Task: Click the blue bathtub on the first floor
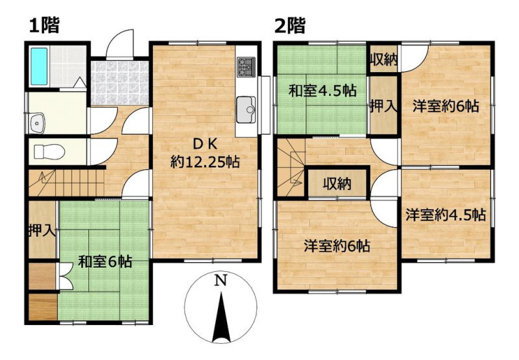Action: click(x=39, y=66)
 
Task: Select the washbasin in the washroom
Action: click(x=37, y=123)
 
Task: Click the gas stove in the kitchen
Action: click(x=247, y=67)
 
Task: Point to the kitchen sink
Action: click(x=246, y=110)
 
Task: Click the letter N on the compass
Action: click(x=221, y=281)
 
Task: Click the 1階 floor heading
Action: click(x=44, y=26)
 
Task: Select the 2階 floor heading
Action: click(x=290, y=26)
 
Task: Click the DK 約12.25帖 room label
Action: click(x=205, y=153)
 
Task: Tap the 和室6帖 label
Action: click(x=105, y=261)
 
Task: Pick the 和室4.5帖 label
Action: click(x=322, y=90)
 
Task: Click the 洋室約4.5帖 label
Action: click(x=446, y=215)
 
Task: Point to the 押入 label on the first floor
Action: click(x=42, y=230)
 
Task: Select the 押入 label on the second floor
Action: click(x=383, y=106)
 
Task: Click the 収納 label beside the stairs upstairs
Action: click(x=337, y=184)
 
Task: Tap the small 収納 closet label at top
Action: click(x=383, y=60)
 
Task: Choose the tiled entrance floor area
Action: click(x=119, y=83)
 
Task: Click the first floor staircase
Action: click(x=67, y=183)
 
